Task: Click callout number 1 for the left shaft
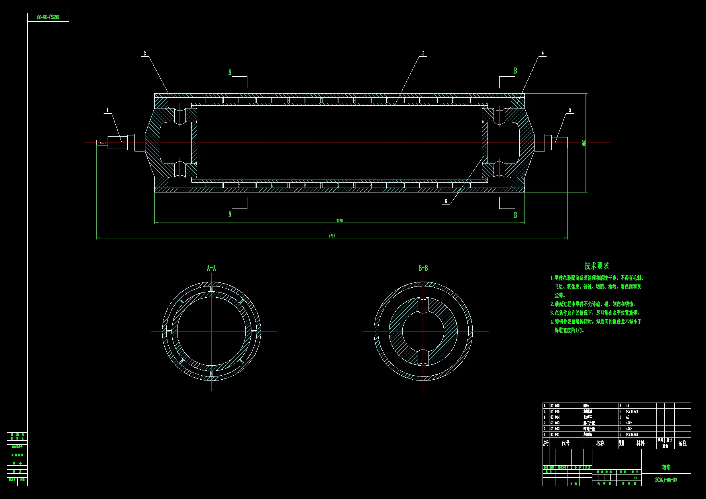pyautogui.click(x=107, y=110)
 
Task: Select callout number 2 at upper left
pyautogui.click(x=145, y=53)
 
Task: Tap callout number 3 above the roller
pyautogui.click(x=423, y=53)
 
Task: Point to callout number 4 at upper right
pyautogui.click(x=543, y=53)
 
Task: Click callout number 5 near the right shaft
pyautogui.click(x=570, y=110)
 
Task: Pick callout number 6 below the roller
pyautogui.click(x=446, y=201)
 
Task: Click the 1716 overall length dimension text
pyautogui.click(x=332, y=236)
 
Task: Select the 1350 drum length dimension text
pyautogui.click(x=339, y=221)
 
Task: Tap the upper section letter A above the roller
pyautogui.click(x=230, y=72)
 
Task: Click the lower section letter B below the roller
pyautogui.click(x=516, y=215)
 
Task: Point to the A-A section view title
pyautogui.click(x=211, y=268)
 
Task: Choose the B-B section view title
pyautogui.click(x=423, y=268)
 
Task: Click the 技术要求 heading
pyautogui.click(x=596, y=266)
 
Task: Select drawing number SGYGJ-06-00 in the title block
pyautogui.click(x=666, y=480)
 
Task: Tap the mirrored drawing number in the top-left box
pyautogui.click(x=48, y=17)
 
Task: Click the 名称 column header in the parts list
pyautogui.click(x=600, y=443)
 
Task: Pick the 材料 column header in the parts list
pyautogui.click(x=641, y=443)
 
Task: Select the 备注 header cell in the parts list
pyautogui.click(x=682, y=443)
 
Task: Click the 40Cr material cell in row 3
pyautogui.click(x=629, y=423)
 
